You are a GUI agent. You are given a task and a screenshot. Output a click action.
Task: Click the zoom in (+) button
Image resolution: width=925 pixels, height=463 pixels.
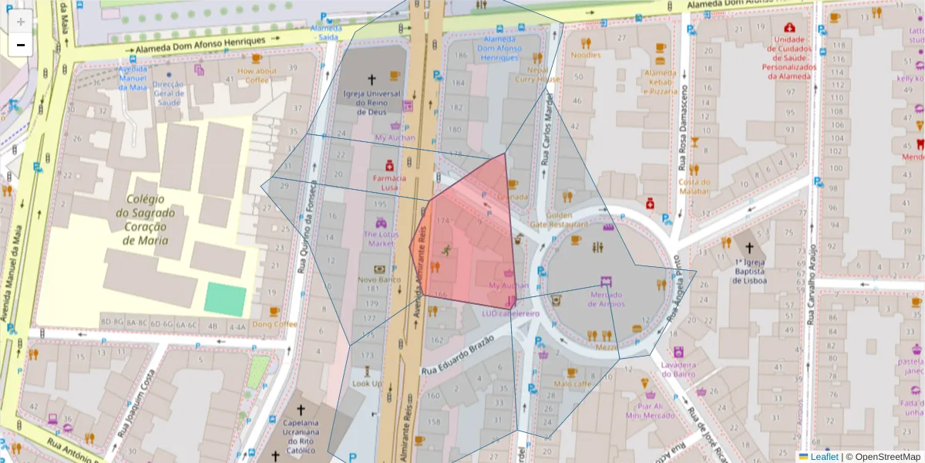click(x=21, y=21)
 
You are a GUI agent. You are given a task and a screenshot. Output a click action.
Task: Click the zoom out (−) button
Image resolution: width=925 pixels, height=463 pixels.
click(x=21, y=45)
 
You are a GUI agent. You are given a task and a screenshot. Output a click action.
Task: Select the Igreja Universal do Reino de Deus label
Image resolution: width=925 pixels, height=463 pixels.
click(x=372, y=103)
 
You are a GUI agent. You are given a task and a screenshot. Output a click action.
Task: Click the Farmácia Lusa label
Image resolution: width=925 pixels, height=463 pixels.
click(x=389, y=182)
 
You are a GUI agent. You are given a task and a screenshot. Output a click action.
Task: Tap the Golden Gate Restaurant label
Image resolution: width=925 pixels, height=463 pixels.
click(x=569, y=219)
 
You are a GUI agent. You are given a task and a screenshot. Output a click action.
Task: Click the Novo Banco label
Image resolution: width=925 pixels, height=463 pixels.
click(x=379, y=279)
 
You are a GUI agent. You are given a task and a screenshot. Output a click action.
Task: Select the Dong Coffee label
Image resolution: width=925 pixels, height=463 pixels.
click(x=274, y=324)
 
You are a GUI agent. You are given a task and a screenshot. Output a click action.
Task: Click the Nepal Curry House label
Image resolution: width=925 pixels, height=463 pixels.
click(x=537, y=74)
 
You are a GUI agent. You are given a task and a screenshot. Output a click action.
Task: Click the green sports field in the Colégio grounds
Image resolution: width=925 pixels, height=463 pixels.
click(x=225, y=300)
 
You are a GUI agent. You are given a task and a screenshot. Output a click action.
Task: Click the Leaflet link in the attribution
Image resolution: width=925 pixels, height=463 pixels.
click(x=824, y=457)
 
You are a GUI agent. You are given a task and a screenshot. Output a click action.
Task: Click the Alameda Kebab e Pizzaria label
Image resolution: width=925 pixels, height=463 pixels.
click(x=660, y=82)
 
